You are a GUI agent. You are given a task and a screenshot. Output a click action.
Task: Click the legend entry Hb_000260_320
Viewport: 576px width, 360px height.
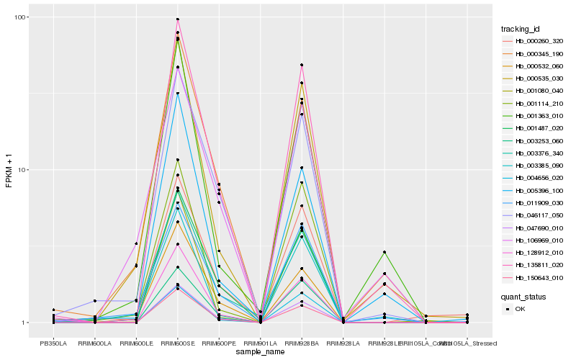(x=534, y=41)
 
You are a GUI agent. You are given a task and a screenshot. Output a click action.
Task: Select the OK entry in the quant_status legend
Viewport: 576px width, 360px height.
(x=519, y=308)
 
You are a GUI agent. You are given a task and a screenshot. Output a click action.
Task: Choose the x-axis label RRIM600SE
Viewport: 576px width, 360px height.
(x=178, y=343)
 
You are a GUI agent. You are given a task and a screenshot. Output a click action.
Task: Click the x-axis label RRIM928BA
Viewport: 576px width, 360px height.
(x=302, y=343)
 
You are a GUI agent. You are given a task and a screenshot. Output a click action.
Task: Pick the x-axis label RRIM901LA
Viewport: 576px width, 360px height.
(x=261, y=343)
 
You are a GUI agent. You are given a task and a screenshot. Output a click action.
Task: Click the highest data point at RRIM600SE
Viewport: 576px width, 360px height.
(x=178, y=19)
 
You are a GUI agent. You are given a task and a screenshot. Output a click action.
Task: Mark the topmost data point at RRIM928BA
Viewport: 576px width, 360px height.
(x=302, y=65)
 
